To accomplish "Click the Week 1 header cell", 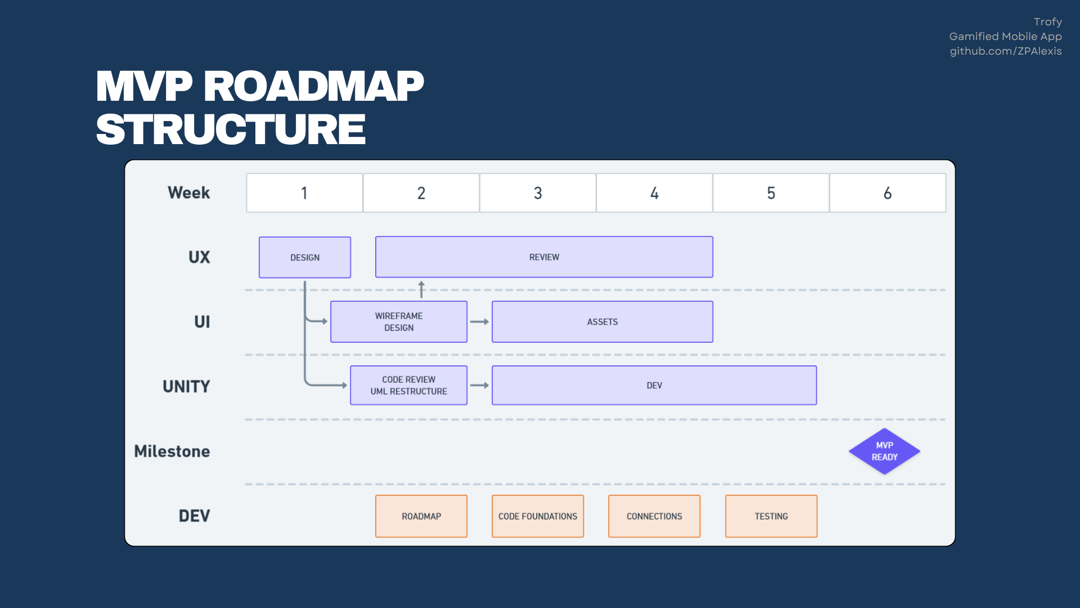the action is [x=304, y=193].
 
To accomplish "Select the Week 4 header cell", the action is [x=654, y=193].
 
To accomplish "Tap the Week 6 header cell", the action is [x=888, y=193].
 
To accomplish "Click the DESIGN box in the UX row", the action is [x=305, y=257].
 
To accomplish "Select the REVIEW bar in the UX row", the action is [x=544, y=257].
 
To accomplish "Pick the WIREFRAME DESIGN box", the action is [x=399, y=321].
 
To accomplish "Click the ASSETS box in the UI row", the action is [x=602, y=321].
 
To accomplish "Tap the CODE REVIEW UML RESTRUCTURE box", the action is [x=408, y=385].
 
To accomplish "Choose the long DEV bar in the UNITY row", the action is [x=654, y=385].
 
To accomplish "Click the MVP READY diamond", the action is [x=884, y=451].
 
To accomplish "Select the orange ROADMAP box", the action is [x=421, y=516].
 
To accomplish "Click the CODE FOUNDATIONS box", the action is [x=538, y=516].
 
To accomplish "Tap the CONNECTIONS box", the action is [x=654, y=516].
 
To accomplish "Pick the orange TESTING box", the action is [x=771, y=516].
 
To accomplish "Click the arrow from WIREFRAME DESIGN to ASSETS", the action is [x=479, y=321].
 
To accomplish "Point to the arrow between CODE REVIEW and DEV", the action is [x=479, y=385].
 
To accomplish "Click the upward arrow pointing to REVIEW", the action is [x=421, y=289].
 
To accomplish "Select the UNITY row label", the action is [x=186, y=386].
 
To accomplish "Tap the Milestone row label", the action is [x=172, y=451].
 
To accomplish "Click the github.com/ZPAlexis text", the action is [x=1006, y=51].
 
